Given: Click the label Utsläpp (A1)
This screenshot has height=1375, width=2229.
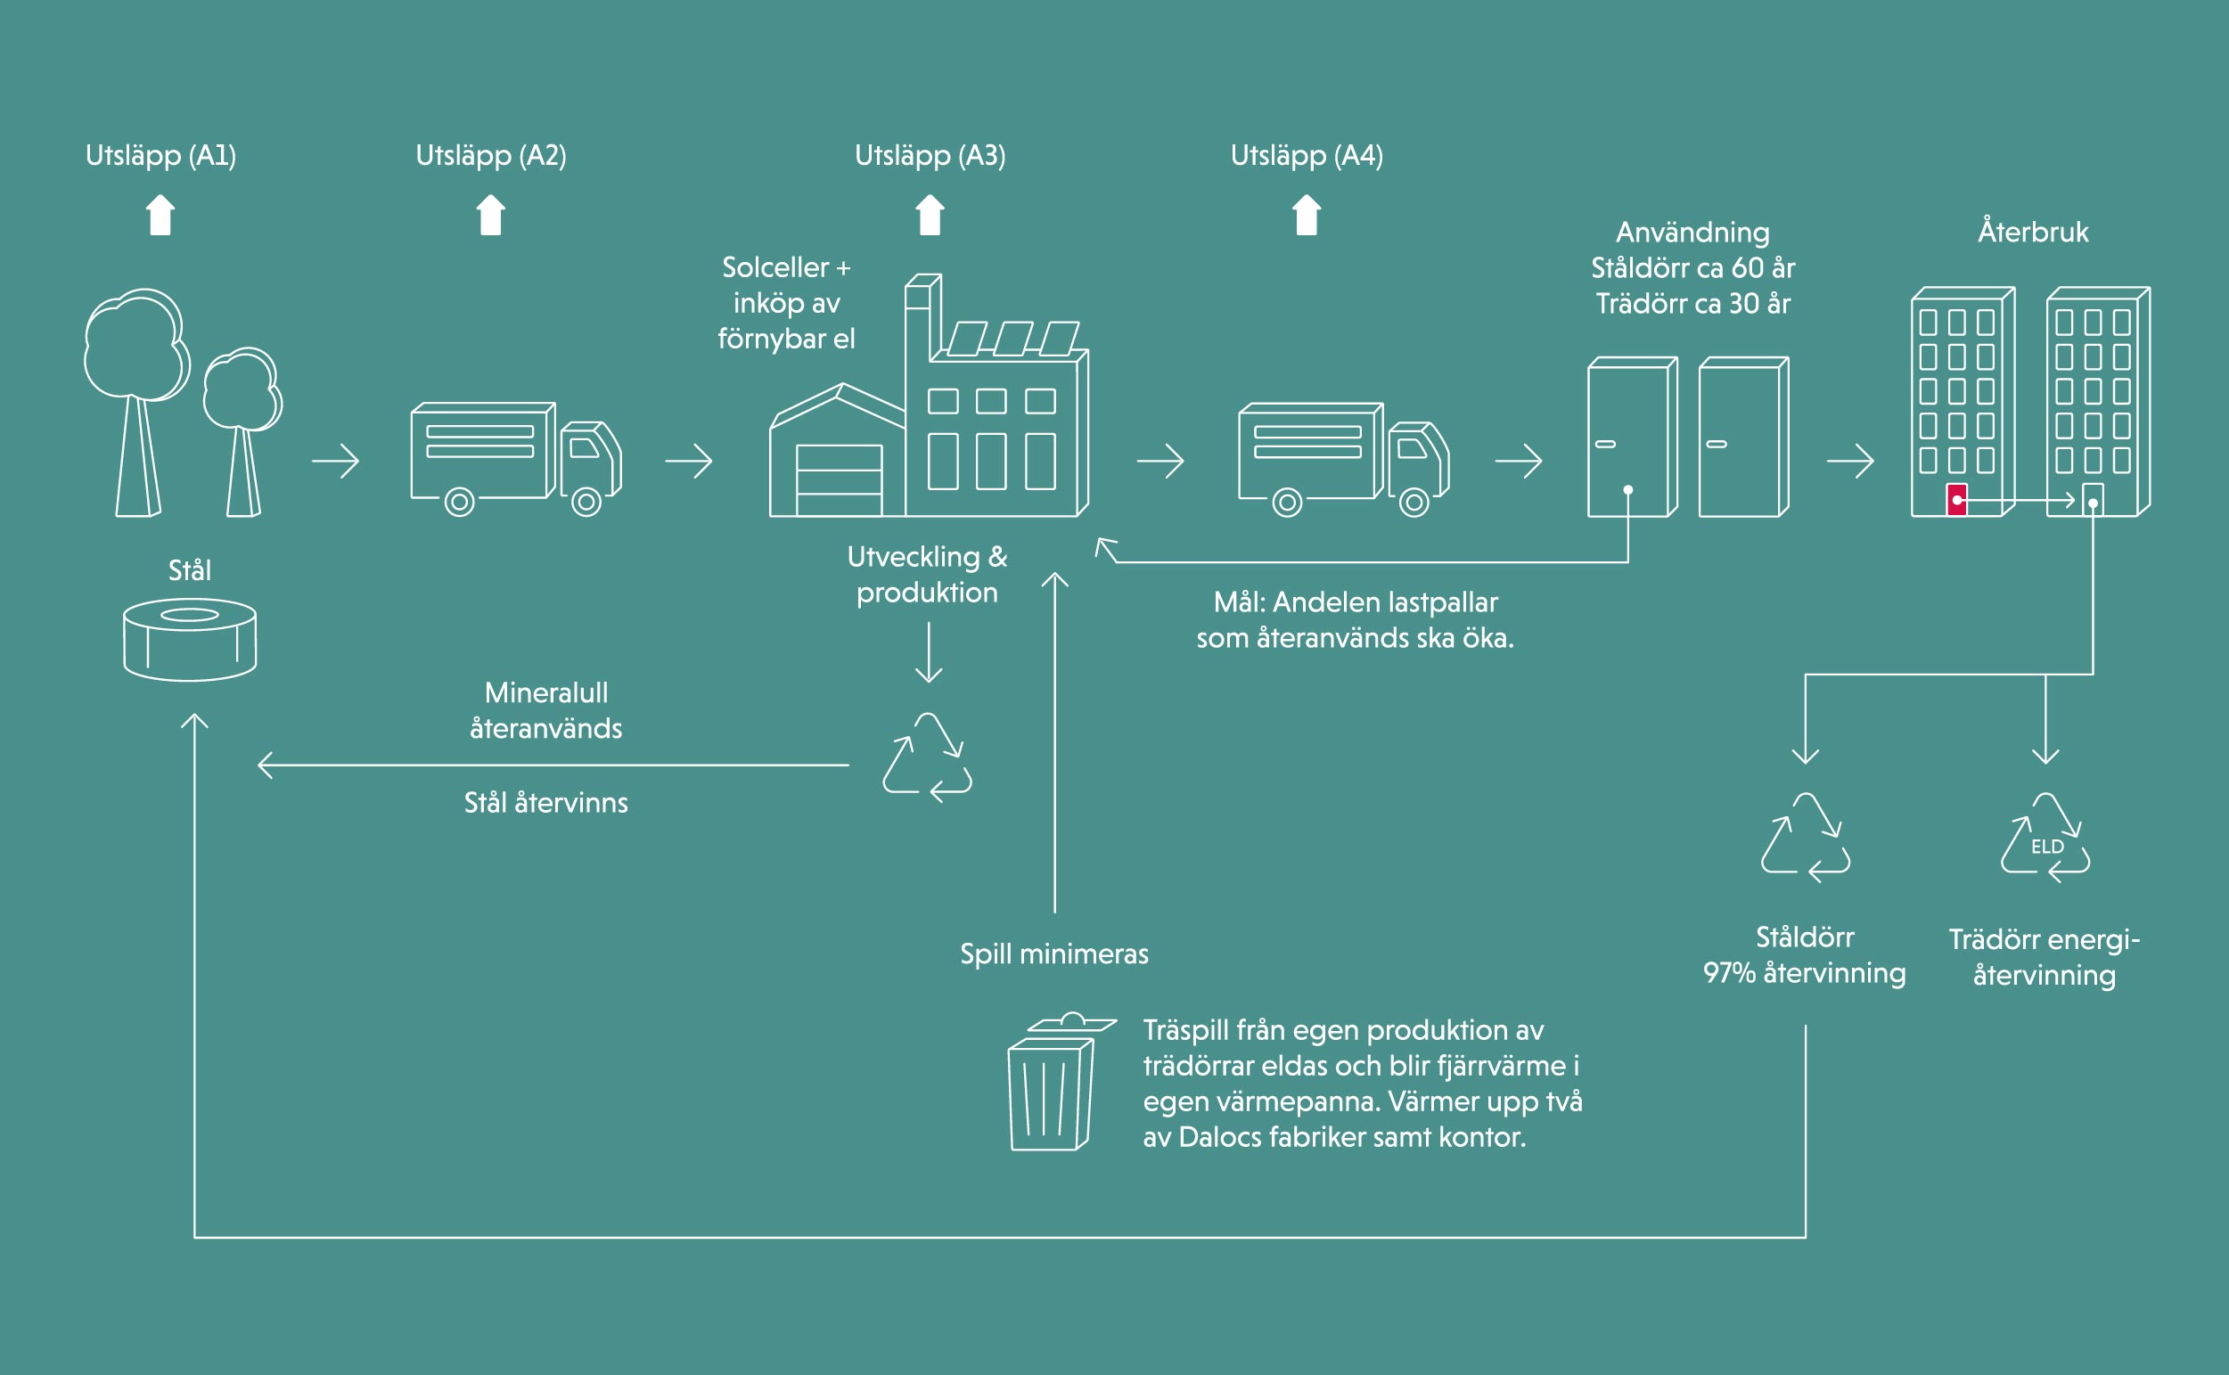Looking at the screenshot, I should [x=161, y=156].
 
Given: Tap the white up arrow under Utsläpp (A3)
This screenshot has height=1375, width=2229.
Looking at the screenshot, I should [x=930, y=216].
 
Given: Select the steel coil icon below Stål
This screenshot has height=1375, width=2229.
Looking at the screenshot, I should [x=189, y=638].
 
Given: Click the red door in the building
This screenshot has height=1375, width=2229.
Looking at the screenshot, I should [x=1956, y=499].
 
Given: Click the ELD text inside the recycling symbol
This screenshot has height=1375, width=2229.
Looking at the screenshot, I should [x=2047, y=847].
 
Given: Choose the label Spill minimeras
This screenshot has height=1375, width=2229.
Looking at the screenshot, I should [x=1054, y=954].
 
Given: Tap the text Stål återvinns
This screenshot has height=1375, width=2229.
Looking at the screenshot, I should [x=545, y=803].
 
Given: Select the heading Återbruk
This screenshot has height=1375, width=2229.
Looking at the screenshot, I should [x=2033, y=232].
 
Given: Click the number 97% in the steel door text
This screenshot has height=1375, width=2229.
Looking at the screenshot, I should [x=1729, y=973].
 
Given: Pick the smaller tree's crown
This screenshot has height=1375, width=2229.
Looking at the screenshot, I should [x=241, y=389].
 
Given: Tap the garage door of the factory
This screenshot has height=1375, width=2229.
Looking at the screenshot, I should [x=839, y=479].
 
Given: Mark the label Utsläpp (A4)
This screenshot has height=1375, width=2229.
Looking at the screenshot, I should [x=1306, y=156].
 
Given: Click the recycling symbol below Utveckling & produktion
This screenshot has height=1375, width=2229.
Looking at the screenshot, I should [x=927, y=757].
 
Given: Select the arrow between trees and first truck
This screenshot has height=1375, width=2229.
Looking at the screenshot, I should [x=336, y=461].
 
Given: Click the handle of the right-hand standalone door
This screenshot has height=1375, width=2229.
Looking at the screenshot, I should [x=1716, y=444].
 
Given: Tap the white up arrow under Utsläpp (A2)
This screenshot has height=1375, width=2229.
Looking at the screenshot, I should [x=491, y=216].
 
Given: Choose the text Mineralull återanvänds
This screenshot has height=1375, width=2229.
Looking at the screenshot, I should [x=545, y=710].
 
